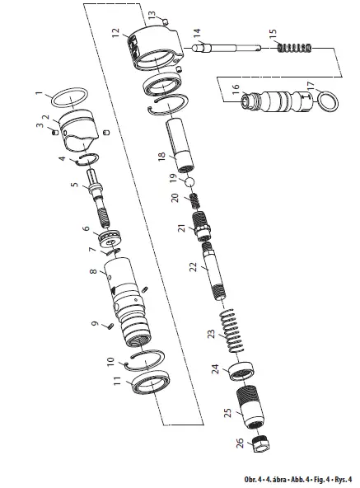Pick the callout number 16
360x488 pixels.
pyautogui.click(x=234, y=86)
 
